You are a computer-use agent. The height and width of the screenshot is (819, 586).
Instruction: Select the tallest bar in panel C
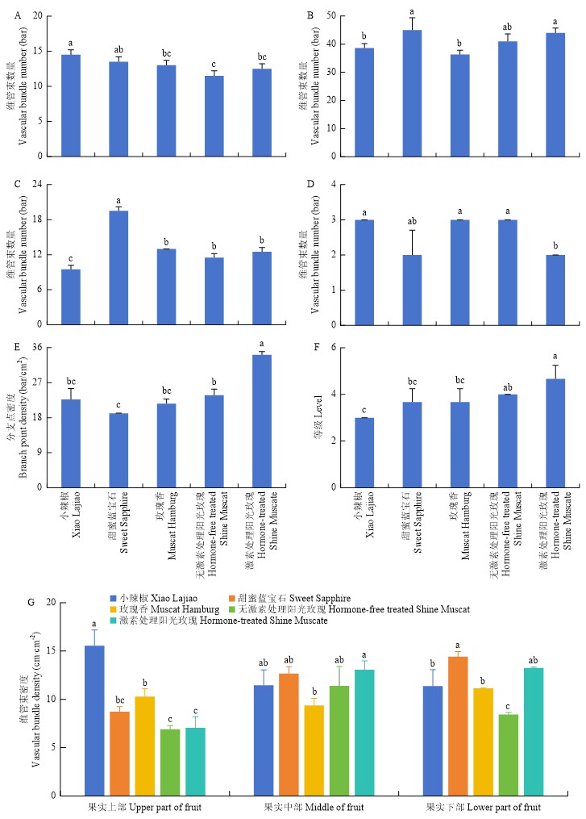pos(118,267)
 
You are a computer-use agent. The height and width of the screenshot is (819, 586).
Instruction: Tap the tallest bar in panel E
pos(261,420)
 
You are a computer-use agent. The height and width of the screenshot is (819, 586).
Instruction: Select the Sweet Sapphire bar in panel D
pos(412,290)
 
